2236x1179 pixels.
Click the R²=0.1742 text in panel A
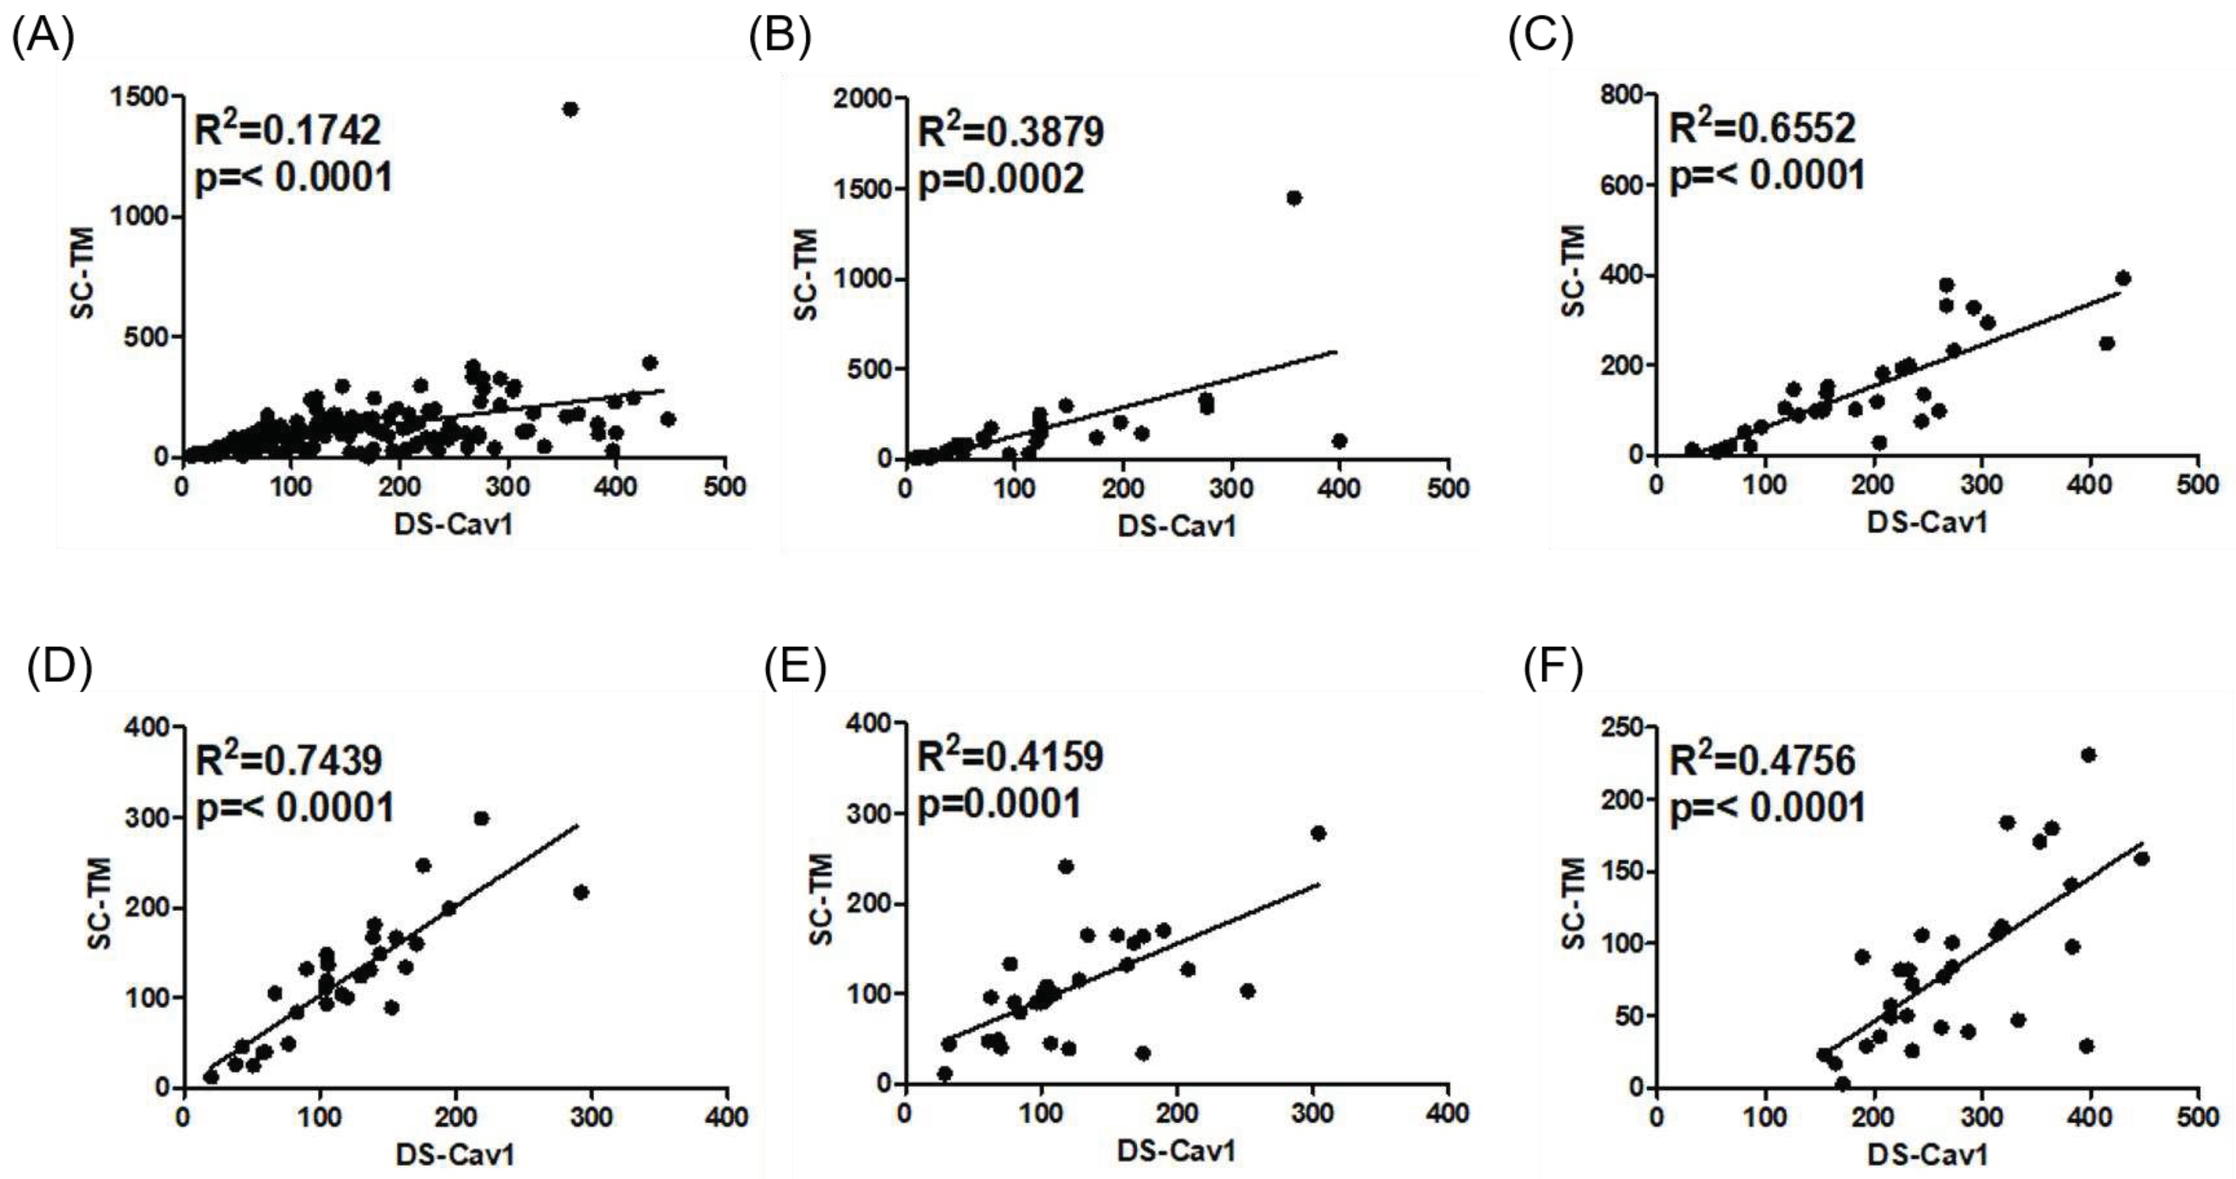point(287,130)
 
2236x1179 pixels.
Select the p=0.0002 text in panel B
point(1001,180)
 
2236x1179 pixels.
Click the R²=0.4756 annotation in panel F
point(1762,760)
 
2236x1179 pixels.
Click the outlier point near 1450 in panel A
point(570,109)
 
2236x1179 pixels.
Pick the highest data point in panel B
point(1294,198)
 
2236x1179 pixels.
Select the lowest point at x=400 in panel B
point(1339,441)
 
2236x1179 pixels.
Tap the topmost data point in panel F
point(2089,755)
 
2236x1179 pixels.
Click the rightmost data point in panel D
point(581,892)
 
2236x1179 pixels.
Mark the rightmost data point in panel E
point(1318,833)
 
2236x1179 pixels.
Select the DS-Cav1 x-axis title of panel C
point(1926,522)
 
